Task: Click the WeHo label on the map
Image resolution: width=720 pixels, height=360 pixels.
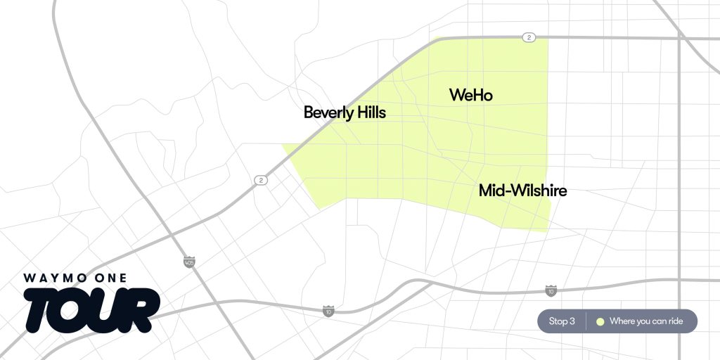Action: [x=470, y=95]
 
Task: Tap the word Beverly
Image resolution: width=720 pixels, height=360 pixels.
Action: [x=327, y=112]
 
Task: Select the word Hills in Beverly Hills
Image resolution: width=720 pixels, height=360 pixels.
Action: [x=370, y=112]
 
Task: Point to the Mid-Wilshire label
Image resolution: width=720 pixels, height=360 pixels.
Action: [x=522, y=190]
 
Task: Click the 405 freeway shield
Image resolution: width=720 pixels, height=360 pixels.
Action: [x=188, y=262]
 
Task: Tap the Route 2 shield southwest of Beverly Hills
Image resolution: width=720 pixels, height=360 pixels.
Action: [x=261, y=180]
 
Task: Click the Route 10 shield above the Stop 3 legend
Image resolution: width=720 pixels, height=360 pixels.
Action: [x=551, y=290]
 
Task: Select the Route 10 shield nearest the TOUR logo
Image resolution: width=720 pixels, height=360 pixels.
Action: [x=328, y=310]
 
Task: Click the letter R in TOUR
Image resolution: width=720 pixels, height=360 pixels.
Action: [x=142, y=309]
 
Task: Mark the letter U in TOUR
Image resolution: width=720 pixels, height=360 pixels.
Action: [x=109, y=309]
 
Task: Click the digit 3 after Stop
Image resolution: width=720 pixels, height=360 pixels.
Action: [x=572, y=321]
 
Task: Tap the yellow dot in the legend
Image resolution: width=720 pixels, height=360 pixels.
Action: [x=600, y=321]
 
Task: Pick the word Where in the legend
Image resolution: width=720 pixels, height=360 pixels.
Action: [x=623, y=321]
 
